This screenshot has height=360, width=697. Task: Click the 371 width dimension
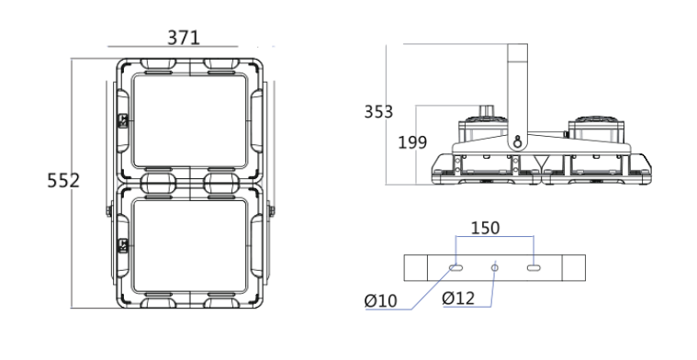[184, 38]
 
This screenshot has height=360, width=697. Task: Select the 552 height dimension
[63, 180]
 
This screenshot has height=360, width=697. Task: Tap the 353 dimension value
[378, 112]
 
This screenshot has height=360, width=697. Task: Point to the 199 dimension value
[412, 142]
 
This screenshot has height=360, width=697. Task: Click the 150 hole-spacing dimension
[486, 228]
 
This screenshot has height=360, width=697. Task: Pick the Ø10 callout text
[380, 301]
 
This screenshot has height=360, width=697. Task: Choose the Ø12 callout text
[458, 298]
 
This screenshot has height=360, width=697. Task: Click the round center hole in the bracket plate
[495, 267]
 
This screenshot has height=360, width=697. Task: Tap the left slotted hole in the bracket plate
[456, 267]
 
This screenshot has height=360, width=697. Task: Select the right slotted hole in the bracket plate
[534, 267]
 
